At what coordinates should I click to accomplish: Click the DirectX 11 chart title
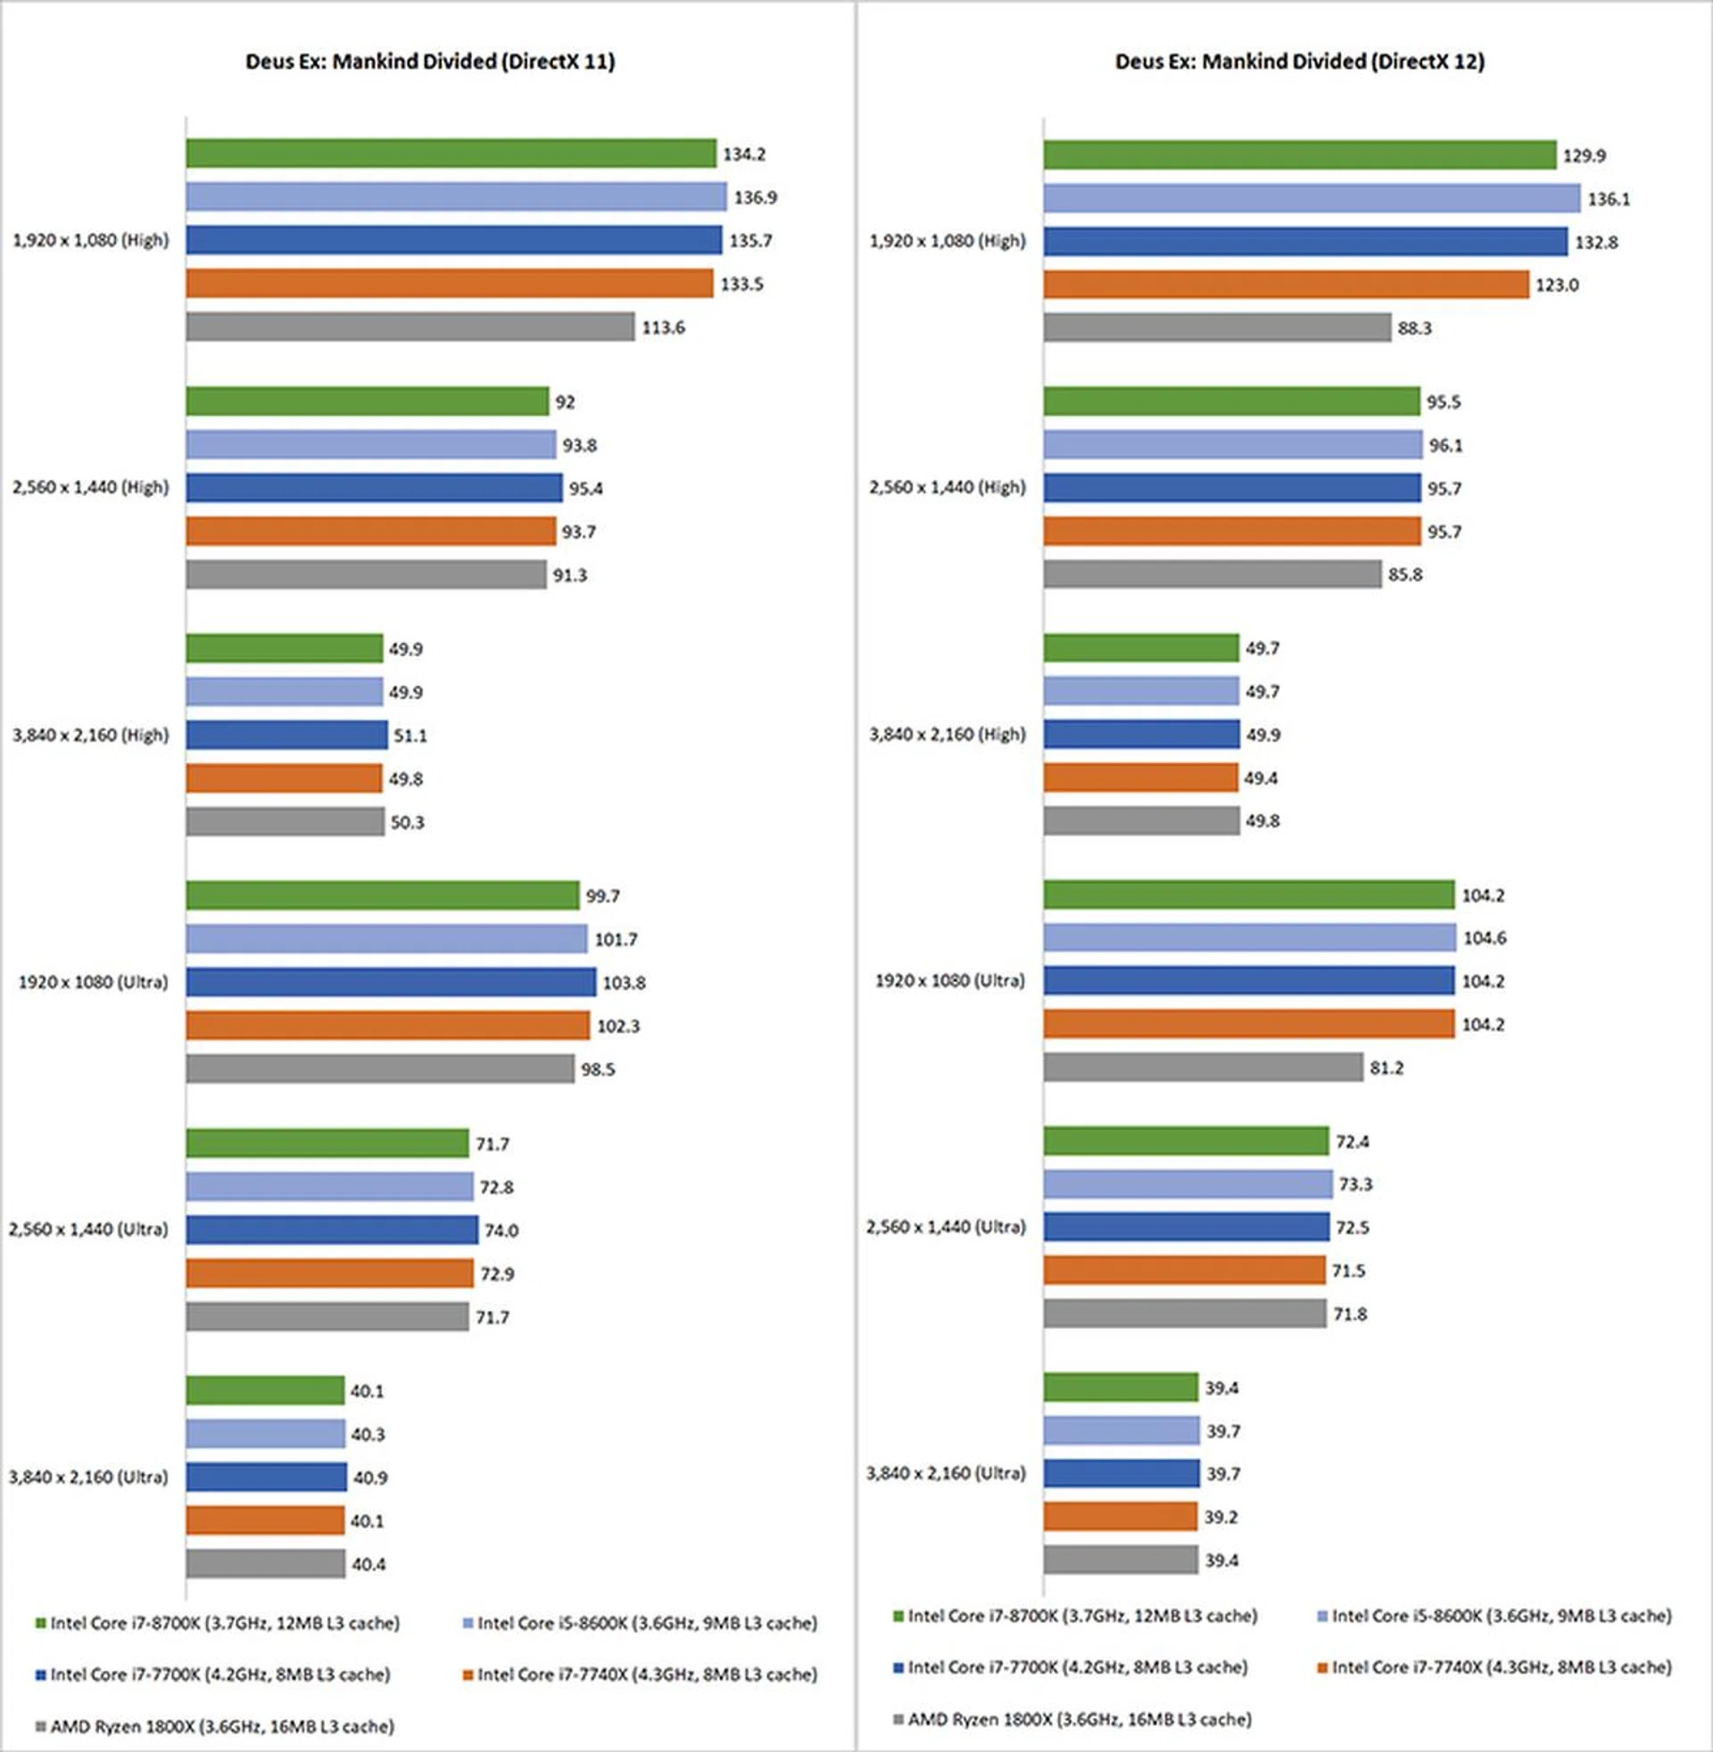430,62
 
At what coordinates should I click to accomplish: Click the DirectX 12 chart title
1299,62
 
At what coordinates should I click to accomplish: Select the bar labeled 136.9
456,196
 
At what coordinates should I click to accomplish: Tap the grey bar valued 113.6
410,327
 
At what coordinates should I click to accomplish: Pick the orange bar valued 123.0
1286,285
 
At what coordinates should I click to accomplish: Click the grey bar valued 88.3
1217,328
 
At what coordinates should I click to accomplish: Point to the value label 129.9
1584,155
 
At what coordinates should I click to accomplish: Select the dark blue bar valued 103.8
391,982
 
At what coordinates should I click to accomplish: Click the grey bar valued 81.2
1203,1067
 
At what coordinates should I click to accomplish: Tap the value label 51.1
410,735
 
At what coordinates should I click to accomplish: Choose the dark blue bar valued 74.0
332,1229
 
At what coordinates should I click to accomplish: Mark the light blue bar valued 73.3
1188,1184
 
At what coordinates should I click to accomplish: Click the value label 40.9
369,1477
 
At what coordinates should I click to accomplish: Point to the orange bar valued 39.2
1120,1516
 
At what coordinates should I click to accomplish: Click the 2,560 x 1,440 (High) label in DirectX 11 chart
90,486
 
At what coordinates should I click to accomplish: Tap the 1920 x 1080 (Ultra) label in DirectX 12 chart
949,981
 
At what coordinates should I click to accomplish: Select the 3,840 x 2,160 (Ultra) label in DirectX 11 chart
88,1476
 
